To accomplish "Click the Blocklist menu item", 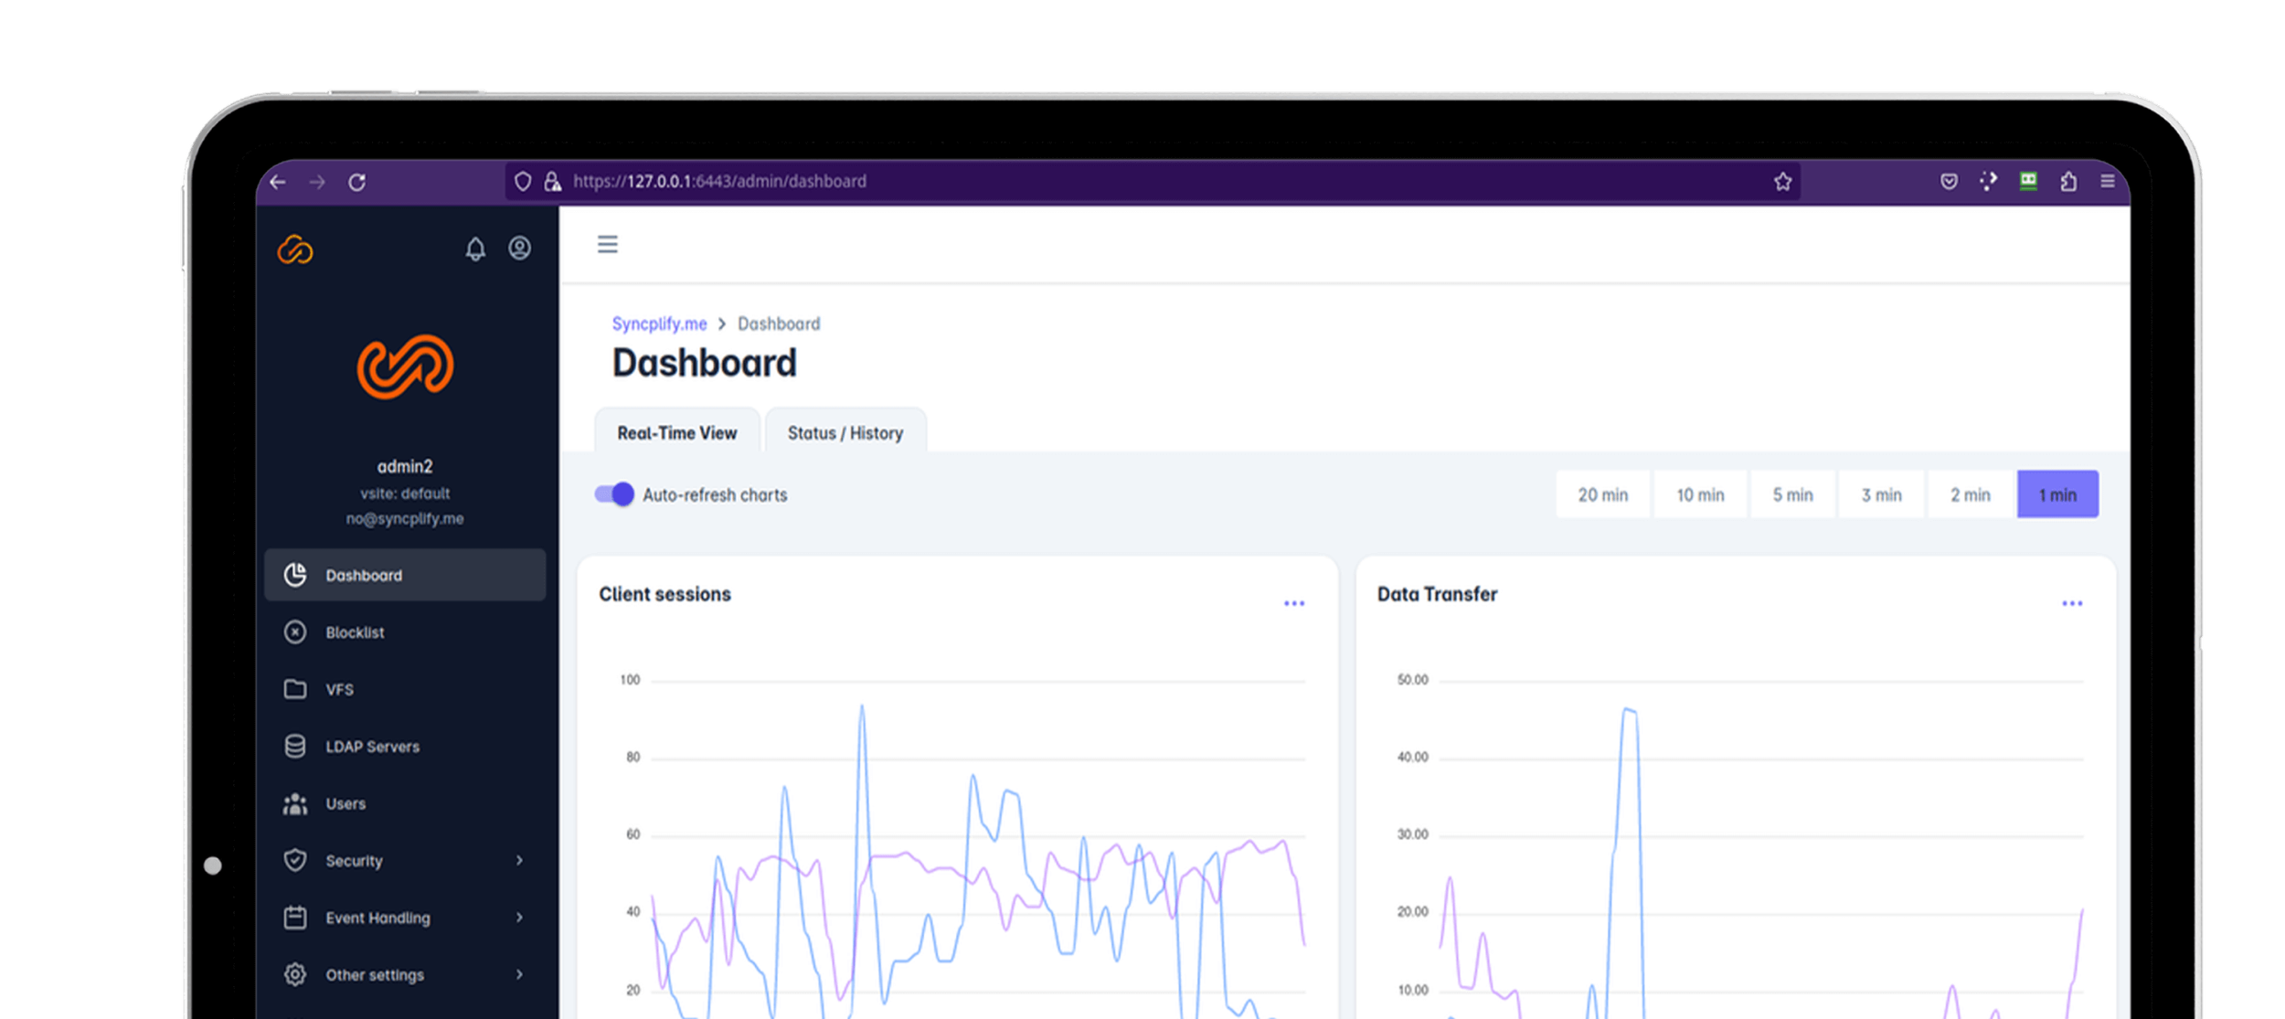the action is click(x=355, y=632).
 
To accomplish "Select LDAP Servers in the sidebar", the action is click(x=372, y=747).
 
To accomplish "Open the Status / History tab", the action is click(x=845, y=432).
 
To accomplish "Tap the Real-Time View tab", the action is click(x=676, y=432).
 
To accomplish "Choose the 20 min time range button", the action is click(x=1602, y=494).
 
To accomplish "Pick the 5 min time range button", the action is click(x=1792, y=494).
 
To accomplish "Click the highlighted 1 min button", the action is click(x=2057, y=494).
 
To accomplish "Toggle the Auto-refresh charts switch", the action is click(x=614, y=494).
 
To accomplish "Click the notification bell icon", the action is click(x=475, y=249).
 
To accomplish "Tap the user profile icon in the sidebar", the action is click(x=520, y=248).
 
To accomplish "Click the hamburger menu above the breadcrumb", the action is click(x=608, y=244).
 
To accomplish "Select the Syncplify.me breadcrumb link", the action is click(x=659, y=324).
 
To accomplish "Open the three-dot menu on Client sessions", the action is click(x=1294, y=603).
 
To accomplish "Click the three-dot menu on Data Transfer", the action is click(x=2072, y=603).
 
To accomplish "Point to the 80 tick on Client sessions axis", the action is click(x=632, y=757).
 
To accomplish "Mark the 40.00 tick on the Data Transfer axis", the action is click(x=1412, y=757).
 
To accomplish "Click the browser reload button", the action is click(x=357, y=182).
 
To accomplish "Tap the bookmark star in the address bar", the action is click(x=1782, y=182).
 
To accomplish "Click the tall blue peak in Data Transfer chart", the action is click(x=1629, y=710).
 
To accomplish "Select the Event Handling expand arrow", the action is click(x=519, y=917).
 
